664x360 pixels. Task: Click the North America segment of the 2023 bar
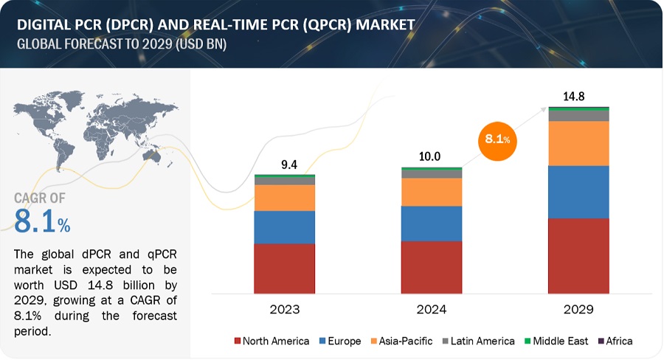click(x=284, y=269)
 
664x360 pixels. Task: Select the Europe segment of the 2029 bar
click(x=579, y=192)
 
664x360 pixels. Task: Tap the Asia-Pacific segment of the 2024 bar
click(x=432, y=192)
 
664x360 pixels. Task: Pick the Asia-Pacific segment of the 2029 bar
click(x=579, y=143)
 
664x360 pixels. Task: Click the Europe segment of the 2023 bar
click(x=284, y=227)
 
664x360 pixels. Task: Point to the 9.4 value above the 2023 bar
click(x=284, y=165)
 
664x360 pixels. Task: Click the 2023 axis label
click(x=285, y=308)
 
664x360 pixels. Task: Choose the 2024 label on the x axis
click(x=432, y=308)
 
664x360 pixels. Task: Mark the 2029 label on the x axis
click(x=579, y=308)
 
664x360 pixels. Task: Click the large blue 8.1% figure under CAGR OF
click(x=42, y=221)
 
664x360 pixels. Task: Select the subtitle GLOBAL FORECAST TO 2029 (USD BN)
click(x=122, y=44)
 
